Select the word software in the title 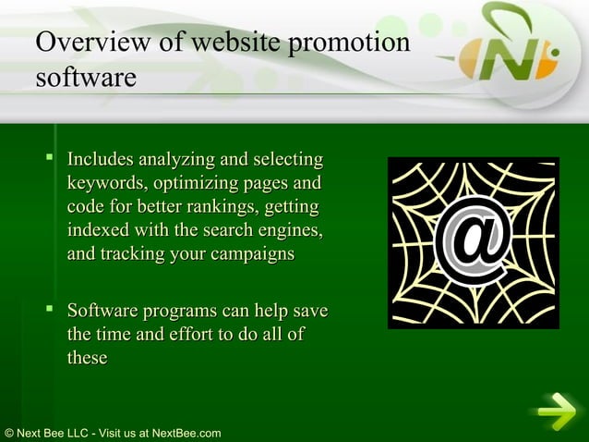click(x=85, y=77)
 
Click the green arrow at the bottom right click(x=557, y=411)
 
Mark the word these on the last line click(x=87, y=358)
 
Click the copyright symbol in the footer click(x=8, y=433)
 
